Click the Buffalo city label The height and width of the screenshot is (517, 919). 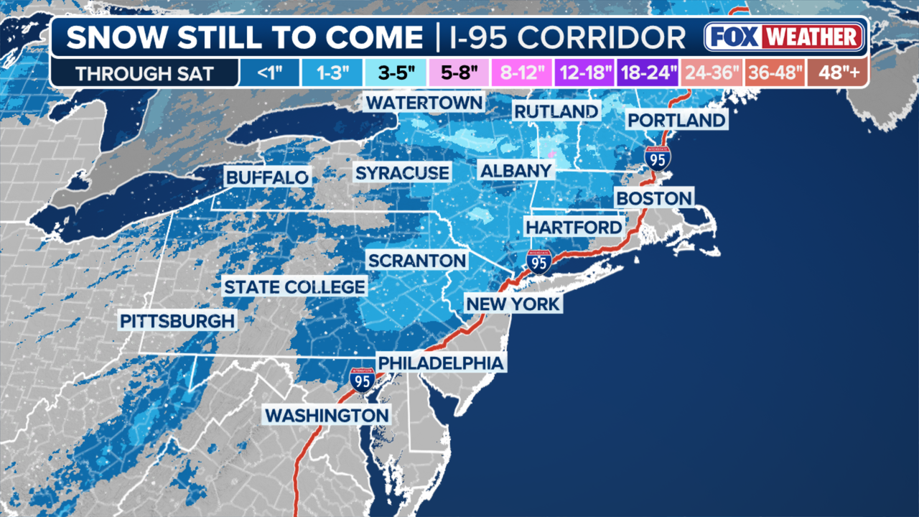(x=267, y=177)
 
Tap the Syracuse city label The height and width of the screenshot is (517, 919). (x=402, y=172)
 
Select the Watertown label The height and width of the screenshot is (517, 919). (x=424, y=102)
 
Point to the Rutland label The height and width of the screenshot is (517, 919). (x=556, y=111)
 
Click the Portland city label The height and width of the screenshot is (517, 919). (x=676, y=119)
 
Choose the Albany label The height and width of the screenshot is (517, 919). (x=517, y=170)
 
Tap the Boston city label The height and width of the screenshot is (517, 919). (x=654, y=197)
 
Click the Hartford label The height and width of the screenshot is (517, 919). (x=574, y=227)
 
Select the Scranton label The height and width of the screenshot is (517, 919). (x=416, y=260)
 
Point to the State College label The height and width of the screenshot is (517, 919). (x=294, y=287)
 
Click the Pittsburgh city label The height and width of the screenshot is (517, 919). (x=177, y=320)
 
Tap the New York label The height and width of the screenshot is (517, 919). (x=513, y=304)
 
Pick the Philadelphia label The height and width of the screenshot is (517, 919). (x=441, y=363)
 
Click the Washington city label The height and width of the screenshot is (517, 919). (x=327, y=414)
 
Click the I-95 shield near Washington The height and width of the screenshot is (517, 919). (x=362, y=379)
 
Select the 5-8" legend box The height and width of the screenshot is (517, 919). (x=459, y=73)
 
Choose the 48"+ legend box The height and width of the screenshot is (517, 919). (x=836, y=73)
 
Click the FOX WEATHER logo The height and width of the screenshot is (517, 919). (x=784, y=37)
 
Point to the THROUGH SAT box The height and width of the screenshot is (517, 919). (x=144, y=73)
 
